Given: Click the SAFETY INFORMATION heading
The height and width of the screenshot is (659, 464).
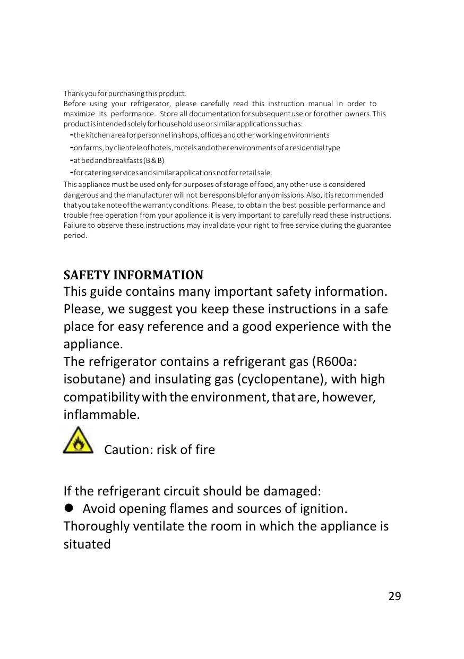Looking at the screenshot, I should [133, 275].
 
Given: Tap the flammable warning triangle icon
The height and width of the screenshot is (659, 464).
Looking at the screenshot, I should [78, 440].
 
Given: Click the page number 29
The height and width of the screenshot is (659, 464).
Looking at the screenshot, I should [394, 596].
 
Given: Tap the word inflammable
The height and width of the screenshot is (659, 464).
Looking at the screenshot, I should [101, 414].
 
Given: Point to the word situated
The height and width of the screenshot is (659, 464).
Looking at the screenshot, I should [87, 544].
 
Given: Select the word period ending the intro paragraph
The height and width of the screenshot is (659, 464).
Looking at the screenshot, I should [74, 235].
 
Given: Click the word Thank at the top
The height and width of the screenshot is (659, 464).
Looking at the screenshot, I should [72, 93].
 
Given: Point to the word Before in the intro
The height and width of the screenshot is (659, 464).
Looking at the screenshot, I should [74, 104].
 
